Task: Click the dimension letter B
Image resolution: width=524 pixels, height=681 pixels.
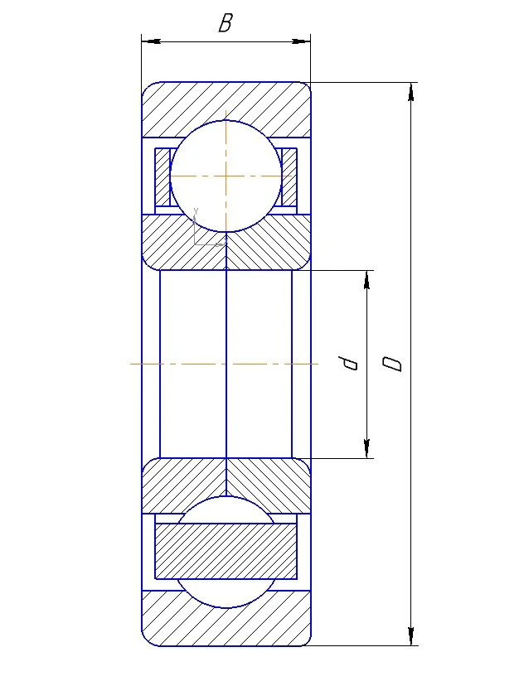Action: (x=226, y=23)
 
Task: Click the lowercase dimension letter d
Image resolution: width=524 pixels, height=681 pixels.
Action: (x=348, y=363)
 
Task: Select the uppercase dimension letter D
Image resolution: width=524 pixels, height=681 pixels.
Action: (x=392, y=364)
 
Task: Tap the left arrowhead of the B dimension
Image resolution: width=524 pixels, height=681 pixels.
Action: (x=152, y=41)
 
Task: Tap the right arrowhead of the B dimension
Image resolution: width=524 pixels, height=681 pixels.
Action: (x=301, y=41)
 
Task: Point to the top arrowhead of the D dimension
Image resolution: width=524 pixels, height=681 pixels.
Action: (x=410, y=92)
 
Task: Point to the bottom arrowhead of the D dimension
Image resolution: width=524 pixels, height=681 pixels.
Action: (x=410, y=635)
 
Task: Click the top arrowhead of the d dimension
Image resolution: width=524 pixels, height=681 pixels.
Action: (x=367, y=280)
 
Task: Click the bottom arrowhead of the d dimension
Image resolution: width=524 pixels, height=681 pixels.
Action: (x=367, y=449)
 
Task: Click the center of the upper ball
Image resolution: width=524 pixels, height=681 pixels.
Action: (x=226, y=176)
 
